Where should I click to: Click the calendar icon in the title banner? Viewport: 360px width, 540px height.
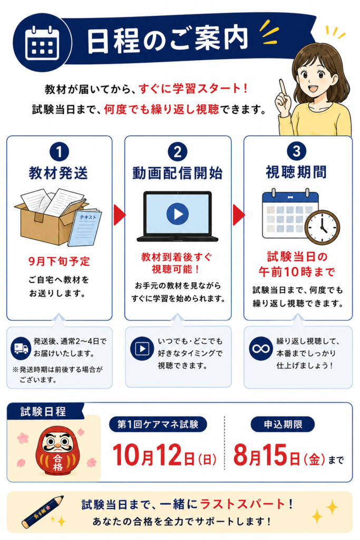click(42, 43)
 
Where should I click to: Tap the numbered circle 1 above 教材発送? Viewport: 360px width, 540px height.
click(59, 151)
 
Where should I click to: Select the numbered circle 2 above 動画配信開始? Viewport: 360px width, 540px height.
click(178, 151)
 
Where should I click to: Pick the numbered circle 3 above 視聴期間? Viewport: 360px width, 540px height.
click(296, 151)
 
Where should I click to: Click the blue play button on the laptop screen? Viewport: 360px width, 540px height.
click(178, 214)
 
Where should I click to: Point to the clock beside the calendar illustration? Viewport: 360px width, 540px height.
click(323, 227)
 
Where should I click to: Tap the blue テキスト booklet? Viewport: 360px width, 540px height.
click(85, 227)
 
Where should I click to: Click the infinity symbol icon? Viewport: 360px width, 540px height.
click(261, 349)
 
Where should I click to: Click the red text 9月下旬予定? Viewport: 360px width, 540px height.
click(59, 262)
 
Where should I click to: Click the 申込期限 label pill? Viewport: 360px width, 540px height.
click(283, 425)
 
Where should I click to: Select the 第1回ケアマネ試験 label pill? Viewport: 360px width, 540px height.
click(158, 425)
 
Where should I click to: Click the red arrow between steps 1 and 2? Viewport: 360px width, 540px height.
click(120, 215)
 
